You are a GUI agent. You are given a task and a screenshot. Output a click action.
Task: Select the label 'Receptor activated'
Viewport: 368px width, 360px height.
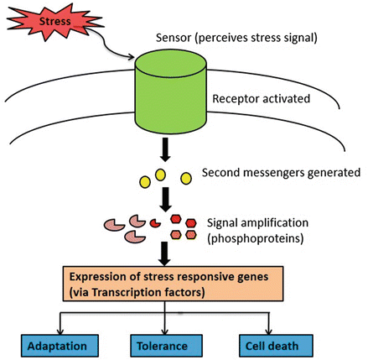tap(262, 99)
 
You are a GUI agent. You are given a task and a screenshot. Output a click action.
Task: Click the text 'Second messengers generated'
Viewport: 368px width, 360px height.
tap(281, 173)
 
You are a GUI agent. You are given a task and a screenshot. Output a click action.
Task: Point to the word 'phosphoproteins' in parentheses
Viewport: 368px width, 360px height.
tap(256, 238)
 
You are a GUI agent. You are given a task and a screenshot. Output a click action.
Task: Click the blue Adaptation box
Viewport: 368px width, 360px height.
tap(60, 346)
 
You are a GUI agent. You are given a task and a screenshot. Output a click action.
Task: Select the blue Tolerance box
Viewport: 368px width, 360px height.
tap(167, 346)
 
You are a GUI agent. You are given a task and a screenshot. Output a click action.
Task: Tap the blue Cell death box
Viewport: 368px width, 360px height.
tap(276, 346)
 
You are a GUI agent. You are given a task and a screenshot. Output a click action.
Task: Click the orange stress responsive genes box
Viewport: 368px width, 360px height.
tap(174, 284)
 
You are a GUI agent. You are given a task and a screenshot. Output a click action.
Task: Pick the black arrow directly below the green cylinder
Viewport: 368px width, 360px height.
tap(165, 149)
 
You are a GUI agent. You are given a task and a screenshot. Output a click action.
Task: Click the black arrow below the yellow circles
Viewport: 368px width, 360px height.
tap(166, 200)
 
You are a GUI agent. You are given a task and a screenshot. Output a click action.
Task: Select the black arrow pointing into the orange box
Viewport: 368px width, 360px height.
tap(164, 253)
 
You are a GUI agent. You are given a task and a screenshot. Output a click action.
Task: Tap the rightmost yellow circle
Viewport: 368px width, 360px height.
tap(186, 179)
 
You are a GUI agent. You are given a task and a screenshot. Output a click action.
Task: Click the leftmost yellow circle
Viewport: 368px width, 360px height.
tap(145, 182)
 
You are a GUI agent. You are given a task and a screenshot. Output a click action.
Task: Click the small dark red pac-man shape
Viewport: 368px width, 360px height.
tap(155, 223)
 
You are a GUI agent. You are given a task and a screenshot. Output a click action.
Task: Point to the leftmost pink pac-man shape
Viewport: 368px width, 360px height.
tap(114, 224)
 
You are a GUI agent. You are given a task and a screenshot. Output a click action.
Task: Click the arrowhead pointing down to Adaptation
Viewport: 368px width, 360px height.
tap(60, 331)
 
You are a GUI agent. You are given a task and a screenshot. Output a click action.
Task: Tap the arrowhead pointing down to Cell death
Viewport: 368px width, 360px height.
tap(268, 331)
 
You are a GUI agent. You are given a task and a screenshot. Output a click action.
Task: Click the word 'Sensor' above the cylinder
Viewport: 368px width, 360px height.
tap(174, 38)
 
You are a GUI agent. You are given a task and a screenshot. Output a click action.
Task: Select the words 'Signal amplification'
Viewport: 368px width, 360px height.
tap(257, 223)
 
